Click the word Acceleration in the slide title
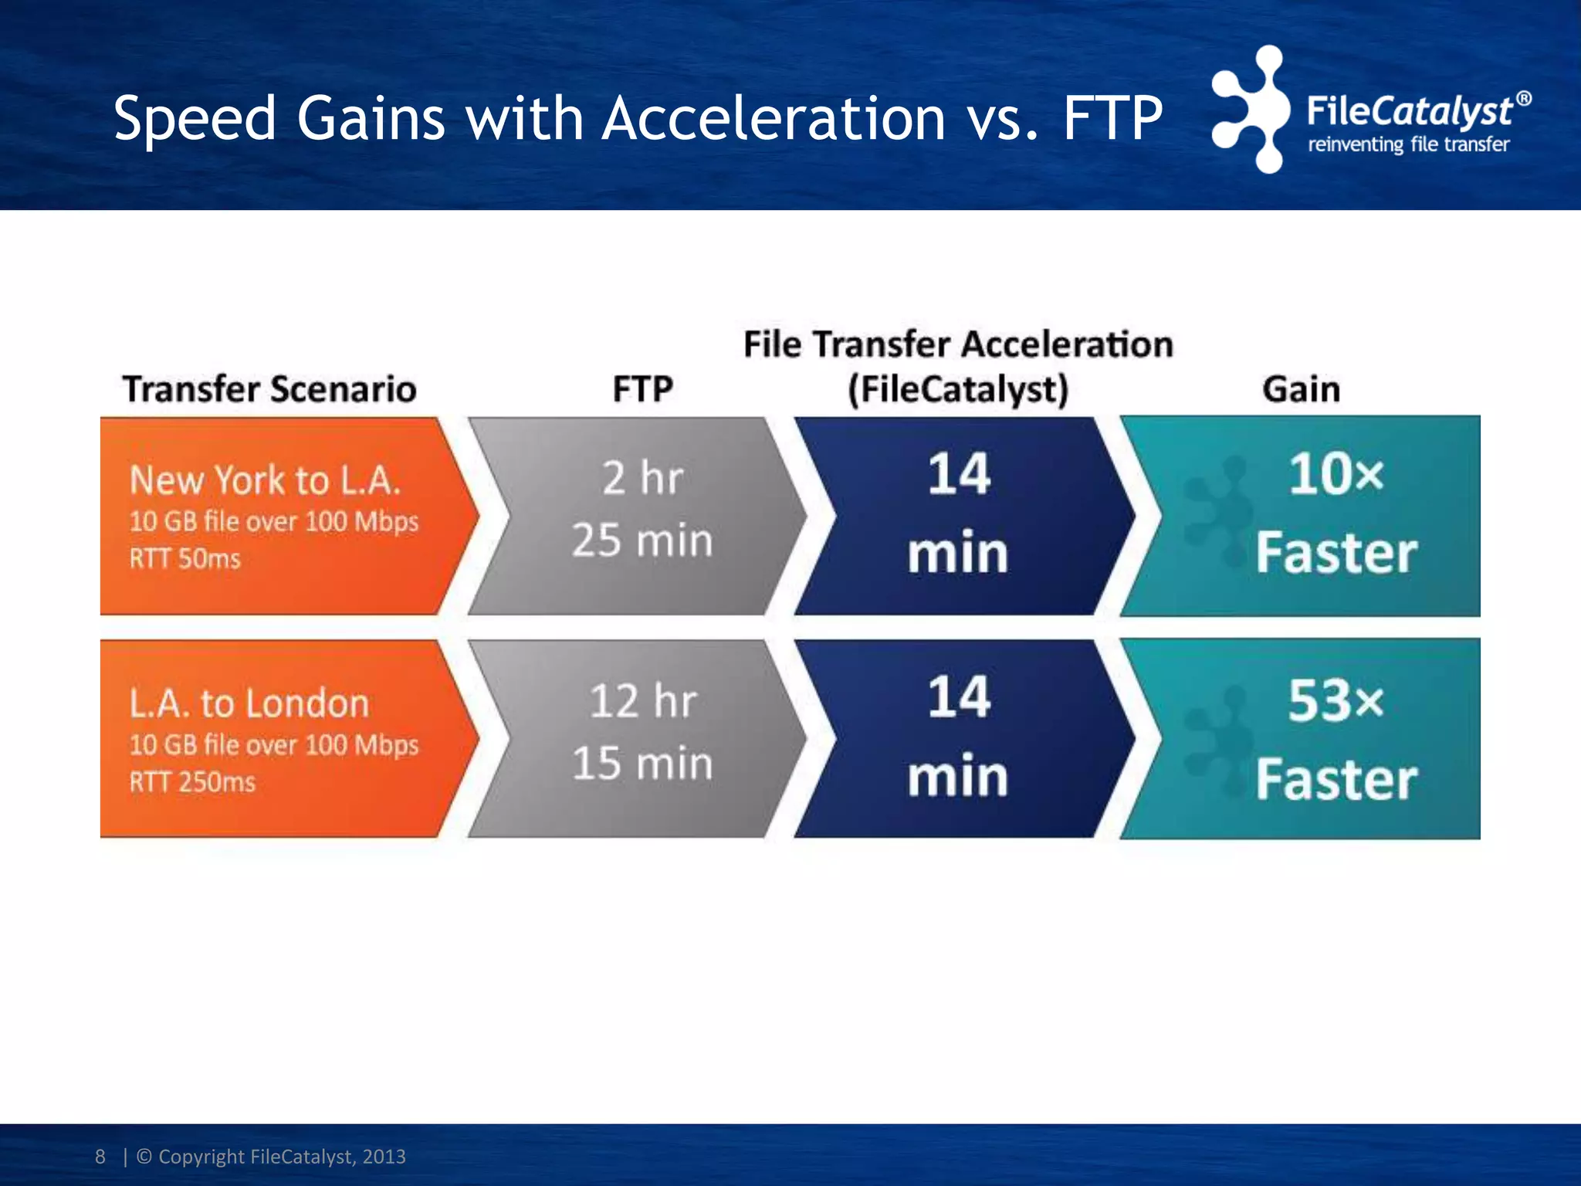tap(774, 119)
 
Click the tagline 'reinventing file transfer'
tap(1408, 144)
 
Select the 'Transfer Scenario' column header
tap(269, 388)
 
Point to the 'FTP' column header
tap(642, 388)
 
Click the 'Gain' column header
tap(1301, 388)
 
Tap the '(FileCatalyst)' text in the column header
tap(958, 388)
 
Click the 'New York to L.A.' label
tap(265, 479)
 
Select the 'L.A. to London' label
tap(249, 703)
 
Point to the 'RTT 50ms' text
tap(185, 558)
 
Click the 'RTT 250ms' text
tap(191, 782)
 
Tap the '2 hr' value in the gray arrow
tap(642, 478)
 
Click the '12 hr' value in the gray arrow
tap(642, 701)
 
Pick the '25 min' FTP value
tap(642, 540)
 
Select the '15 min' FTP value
tap(642, 763)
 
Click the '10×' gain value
tap(1336, 473)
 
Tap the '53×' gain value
tap(1336, 701)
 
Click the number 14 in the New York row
tap(958, 473)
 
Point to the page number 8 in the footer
tap(100, 1157)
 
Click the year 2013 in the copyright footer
tap(384, 1157)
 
